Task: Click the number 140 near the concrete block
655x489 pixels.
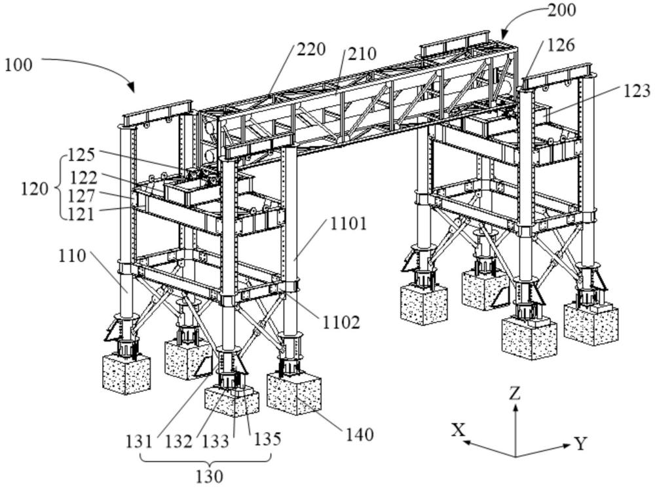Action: click(x=359, y=434)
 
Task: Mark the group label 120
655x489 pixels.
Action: click(x=34, y=189)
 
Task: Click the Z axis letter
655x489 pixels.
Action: click(x=515, y=393)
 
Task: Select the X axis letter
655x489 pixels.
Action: click(x=458, y=429)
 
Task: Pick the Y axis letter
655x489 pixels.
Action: click(x=580, y=444)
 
